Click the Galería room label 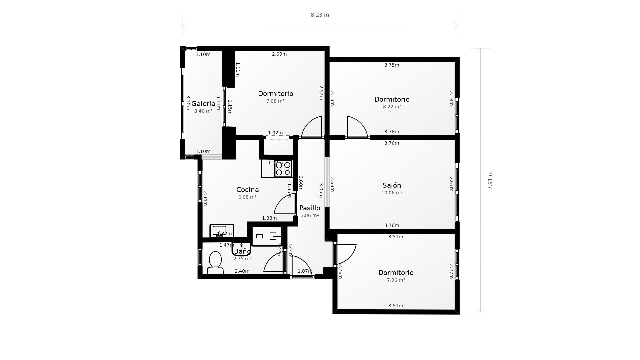[x=203, y=104]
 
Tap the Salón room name [x=392, y=185]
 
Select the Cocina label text [x=247, y=190]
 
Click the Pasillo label [x=310, y=208]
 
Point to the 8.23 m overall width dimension [x=320, y=15]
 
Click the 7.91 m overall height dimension [x=490, y=180]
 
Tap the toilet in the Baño [x=215, y=262]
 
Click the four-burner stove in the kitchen [x=283, y=169]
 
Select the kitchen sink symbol [x=219, y=231]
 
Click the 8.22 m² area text [x=392, y=107]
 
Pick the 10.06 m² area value [x=392, y=193]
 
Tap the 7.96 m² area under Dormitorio [x=396, y=280]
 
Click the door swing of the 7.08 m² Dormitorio [x=313, y=127]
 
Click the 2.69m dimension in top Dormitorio [x=279, y=54]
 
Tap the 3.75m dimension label [x=391, y=65]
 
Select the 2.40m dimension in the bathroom [x=242, y=271]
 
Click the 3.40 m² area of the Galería [x=203, y=111]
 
